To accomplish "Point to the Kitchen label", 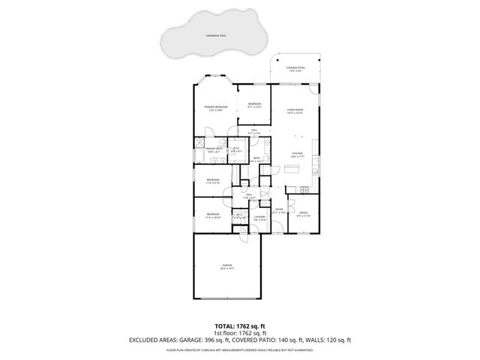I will (x=297, y=154).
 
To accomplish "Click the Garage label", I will (x=226, y=265).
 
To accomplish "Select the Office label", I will (x=303, y=214).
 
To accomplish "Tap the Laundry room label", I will (x=259, y=218).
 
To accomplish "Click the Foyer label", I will (x=278, y=211).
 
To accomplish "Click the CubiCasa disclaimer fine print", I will (x=239, y=349).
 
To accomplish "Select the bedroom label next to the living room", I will (x=254, y=105).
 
